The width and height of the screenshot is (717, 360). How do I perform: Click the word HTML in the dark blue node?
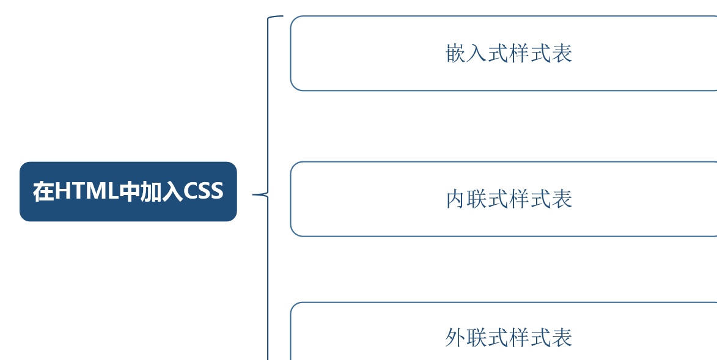point(86,192)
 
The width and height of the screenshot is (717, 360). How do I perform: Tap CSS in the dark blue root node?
point(204,192)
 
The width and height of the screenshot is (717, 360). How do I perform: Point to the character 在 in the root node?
point(43,192)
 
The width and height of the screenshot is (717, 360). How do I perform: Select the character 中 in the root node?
point(130,192)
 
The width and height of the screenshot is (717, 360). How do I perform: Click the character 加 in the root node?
point(151,192)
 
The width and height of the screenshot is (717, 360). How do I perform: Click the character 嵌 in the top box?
point(456,54)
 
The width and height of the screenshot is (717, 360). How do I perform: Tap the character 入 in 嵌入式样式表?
point(477,54)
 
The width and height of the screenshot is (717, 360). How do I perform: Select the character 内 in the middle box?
point(456,199)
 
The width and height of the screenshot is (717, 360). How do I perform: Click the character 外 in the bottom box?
point(456,338)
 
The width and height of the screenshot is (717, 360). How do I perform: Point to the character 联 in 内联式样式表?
point(477,199)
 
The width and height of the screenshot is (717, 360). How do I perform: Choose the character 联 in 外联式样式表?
point(477,338)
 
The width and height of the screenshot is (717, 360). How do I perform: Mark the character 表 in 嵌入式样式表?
point(562,54)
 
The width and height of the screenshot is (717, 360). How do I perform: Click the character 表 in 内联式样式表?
point(562,199)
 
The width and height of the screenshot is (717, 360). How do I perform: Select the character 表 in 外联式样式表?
point(562,338)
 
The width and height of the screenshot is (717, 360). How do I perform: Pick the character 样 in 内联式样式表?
point(520,199)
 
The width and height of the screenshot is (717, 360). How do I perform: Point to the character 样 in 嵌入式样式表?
point(520,54)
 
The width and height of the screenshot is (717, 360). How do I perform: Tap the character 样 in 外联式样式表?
point(520,338)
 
